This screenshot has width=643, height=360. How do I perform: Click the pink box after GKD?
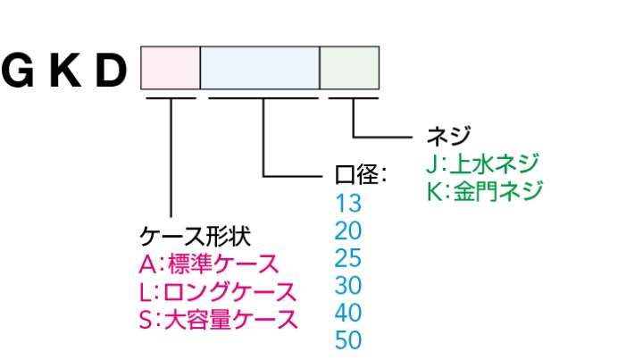[x=170, y=68]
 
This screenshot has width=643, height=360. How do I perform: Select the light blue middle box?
[x=260, y=68]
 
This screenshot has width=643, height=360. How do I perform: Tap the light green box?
[x=349, y=68]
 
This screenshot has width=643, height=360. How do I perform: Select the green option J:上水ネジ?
[x=483, y=163]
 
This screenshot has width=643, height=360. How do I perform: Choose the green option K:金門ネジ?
[x=483, y=191]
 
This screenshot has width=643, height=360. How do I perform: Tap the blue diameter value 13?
[x=347, y=202]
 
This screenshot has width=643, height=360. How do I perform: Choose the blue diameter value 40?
[x=347, y=313]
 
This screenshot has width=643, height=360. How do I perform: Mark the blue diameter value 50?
[x=347, y=340]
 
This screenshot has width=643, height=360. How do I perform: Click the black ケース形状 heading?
[x=195, y=236]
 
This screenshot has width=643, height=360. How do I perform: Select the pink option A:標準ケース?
[x=209, y=264]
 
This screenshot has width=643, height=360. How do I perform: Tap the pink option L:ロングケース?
[x=218, y=292]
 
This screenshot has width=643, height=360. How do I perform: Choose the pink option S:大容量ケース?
[x=219, y=320]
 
